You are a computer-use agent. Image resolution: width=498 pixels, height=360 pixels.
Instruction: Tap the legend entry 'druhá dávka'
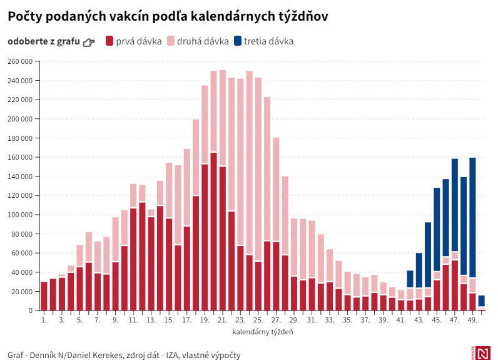(x=199, y=41)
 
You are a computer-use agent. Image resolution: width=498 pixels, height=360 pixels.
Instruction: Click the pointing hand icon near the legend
(x=89, y=42)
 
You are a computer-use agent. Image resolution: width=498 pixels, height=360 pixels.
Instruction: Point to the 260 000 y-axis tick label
(x=19, y=61)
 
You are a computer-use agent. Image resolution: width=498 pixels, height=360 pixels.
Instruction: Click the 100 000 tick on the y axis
(x=19, y=215)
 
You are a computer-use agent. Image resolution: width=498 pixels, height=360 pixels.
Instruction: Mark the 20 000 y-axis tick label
(x=21, y=292)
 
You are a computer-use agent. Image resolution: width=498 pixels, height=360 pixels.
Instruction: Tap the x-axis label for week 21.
(x=223, y=320)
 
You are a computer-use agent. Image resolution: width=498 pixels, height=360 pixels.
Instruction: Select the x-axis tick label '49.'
(x=472, y=320)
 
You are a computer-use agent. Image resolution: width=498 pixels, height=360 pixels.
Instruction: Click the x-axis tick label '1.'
(x=44, y=320)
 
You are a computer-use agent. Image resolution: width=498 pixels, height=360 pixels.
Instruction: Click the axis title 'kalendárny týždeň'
(x=263, y=331)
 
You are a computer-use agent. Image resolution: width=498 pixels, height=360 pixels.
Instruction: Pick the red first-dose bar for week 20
(x=214, y=232)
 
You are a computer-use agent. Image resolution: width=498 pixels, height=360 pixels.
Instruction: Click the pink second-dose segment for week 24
(x=250, y=163)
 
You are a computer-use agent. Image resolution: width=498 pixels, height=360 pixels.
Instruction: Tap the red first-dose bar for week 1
(x=44, y=296)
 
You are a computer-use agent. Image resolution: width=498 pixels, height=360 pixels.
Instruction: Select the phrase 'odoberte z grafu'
(x=44, y=41)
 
